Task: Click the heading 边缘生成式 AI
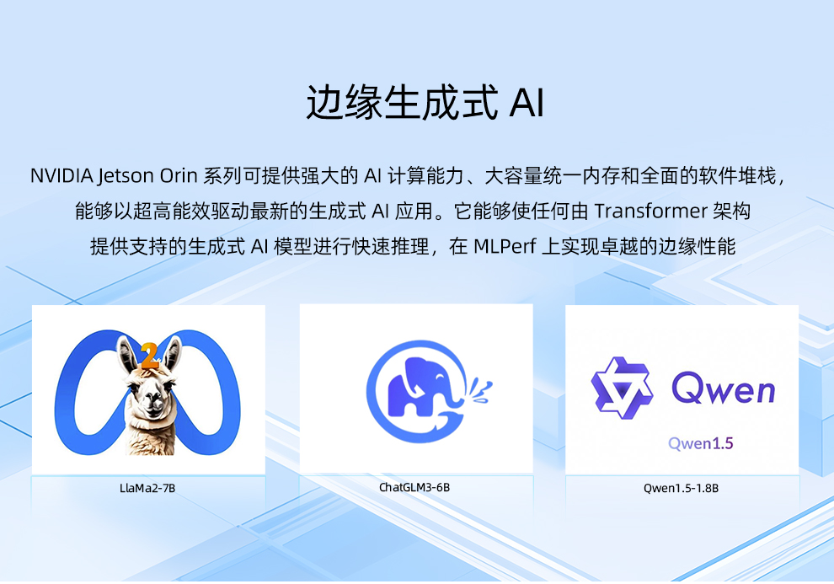(425, 102)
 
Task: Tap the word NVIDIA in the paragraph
(61, 175)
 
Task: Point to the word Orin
(179, 175)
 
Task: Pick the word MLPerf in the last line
(505, 246)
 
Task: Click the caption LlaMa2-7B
(147, 488)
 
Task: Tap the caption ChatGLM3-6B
(414, 487)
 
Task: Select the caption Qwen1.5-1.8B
(681, 488)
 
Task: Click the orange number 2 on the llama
(149, 356)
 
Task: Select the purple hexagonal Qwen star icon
(622, 388)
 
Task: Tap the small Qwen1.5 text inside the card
(701, 443)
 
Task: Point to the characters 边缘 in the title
(345, 102)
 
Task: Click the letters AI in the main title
(527, 102)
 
